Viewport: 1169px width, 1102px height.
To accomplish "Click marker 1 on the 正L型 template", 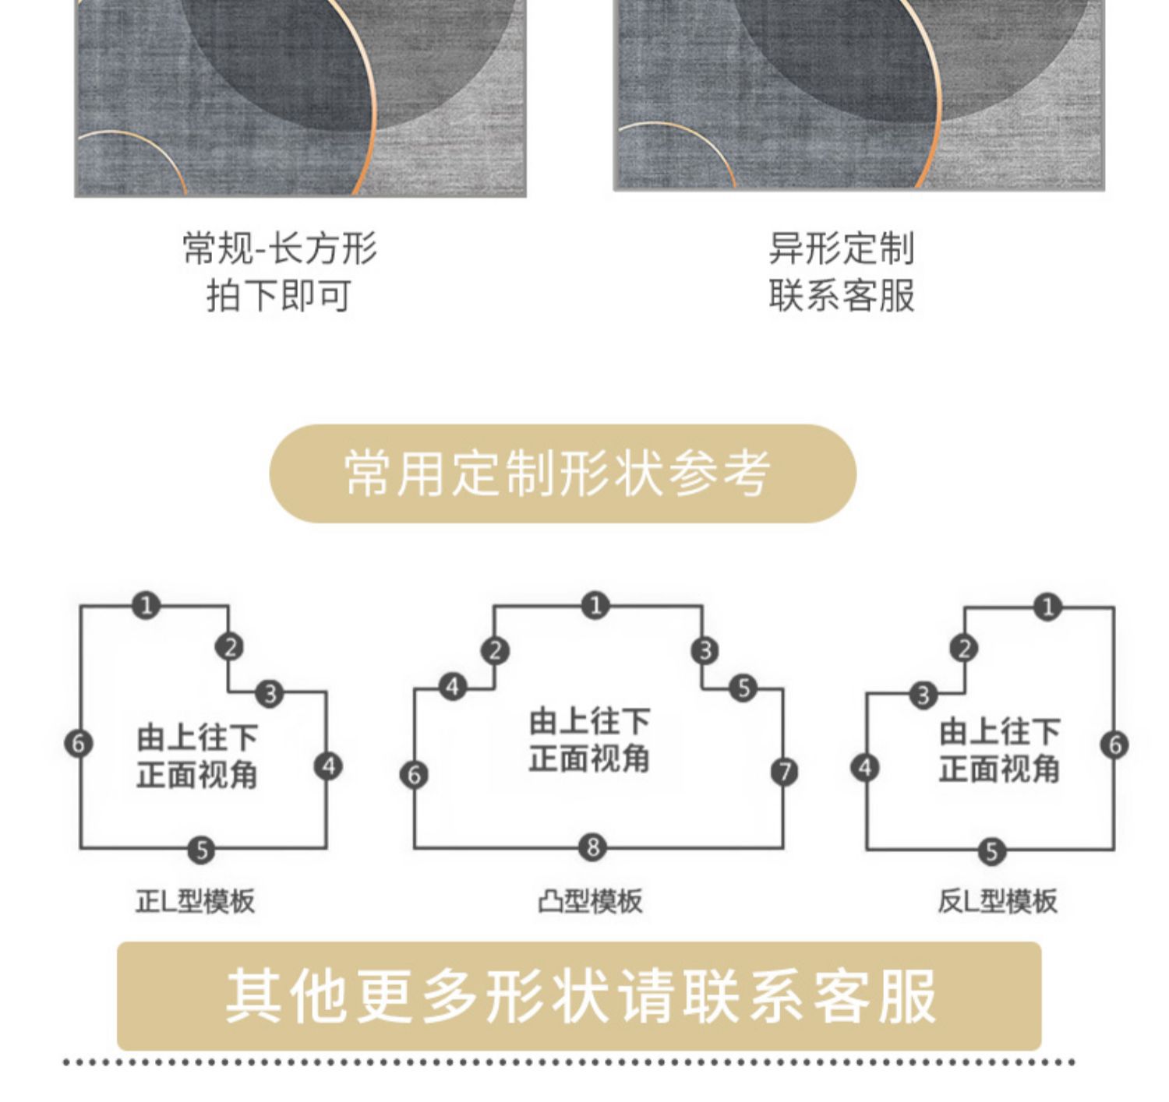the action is pyautogui.click(x=146, y=605).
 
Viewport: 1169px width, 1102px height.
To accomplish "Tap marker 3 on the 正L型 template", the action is pyautogui.click(x=270, y=692).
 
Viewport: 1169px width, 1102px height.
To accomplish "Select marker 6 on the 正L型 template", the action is pyautogui.click(x=78, y=743).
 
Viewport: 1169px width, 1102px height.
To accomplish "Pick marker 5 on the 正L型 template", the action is pyautogui.click(x=201, y=849).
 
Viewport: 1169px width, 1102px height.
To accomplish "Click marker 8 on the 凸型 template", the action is pyautogui.click(x=593, y=847).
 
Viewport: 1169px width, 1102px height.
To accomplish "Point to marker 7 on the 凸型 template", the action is pyautogui.click(x=784, y=772).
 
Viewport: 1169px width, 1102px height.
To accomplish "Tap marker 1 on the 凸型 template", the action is pyautogui.click(x=595, y=605).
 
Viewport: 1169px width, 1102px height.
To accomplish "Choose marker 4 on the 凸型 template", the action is pyautogui.click(x=453, y=687).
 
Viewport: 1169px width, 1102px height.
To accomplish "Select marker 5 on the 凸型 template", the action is pyautogui.click(x=743, y=688).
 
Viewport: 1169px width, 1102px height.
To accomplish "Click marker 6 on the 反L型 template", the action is pyautogui.click(x=1114, y=745).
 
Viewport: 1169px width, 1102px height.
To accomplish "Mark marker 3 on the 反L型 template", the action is pyautogui.click(x=924, y=694).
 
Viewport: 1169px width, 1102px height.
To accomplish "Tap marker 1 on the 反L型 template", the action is pyautogui.click(x=1047, y=607).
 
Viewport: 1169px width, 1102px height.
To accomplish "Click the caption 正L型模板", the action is pyautogui.click(x=196, y=901).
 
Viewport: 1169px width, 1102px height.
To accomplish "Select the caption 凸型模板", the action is pyautogui.click(x=590, y=901).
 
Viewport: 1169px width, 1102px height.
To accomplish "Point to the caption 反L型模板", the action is pyautogui.click(x=997, y=901).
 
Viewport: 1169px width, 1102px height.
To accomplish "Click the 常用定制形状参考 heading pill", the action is pyautogui.click(x=562, y=474).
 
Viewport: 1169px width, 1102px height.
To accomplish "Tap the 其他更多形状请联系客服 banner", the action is pyautogui.click(x=579, y=996).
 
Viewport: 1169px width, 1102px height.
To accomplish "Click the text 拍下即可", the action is pyautogui.click(x=278, y=296).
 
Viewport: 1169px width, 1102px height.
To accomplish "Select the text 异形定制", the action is pyautogui.click(x=841, y=248).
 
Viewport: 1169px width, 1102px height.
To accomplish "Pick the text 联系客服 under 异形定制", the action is pyautogui.click(x=841, y=296).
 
